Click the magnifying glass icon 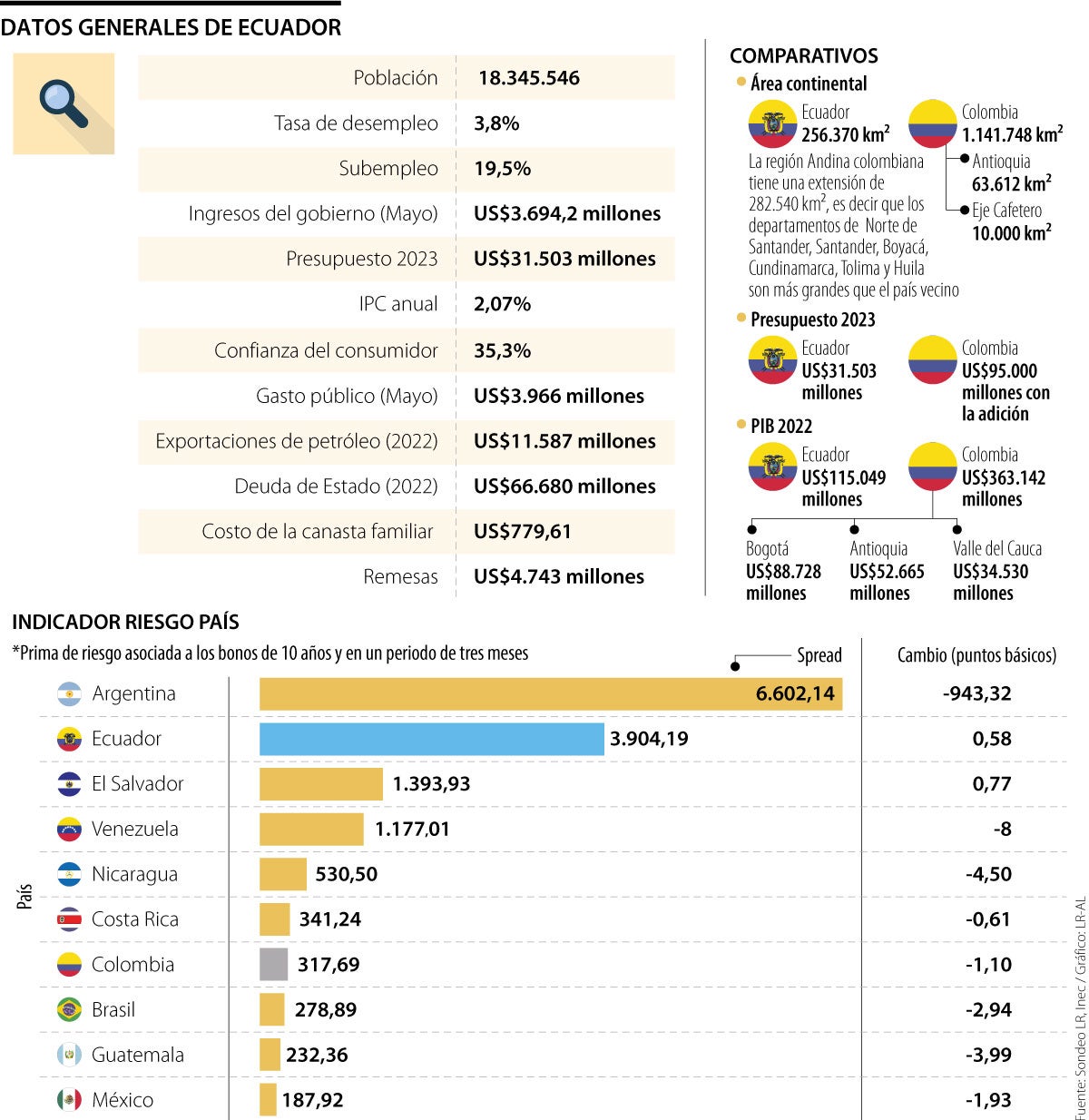(64, 103)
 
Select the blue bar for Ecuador (431, 739)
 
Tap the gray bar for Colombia (273, 965)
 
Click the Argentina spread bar (550, 693)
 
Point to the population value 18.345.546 (529, 78)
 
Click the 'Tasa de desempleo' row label (356, 123)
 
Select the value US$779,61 (523, 532)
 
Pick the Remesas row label (400, 576)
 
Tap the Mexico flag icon (69, 1100)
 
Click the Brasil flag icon (69, 1009)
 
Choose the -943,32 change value (976, 693)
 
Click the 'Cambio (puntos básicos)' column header (976, 655)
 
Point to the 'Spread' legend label (819, 655)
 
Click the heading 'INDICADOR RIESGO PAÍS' (125, 623)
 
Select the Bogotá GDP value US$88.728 (783, 572)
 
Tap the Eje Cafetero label (1006, 211)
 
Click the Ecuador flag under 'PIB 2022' (772, 467)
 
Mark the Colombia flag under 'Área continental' (933, 124)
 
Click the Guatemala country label (137, 1055)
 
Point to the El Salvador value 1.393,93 (431, 784)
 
